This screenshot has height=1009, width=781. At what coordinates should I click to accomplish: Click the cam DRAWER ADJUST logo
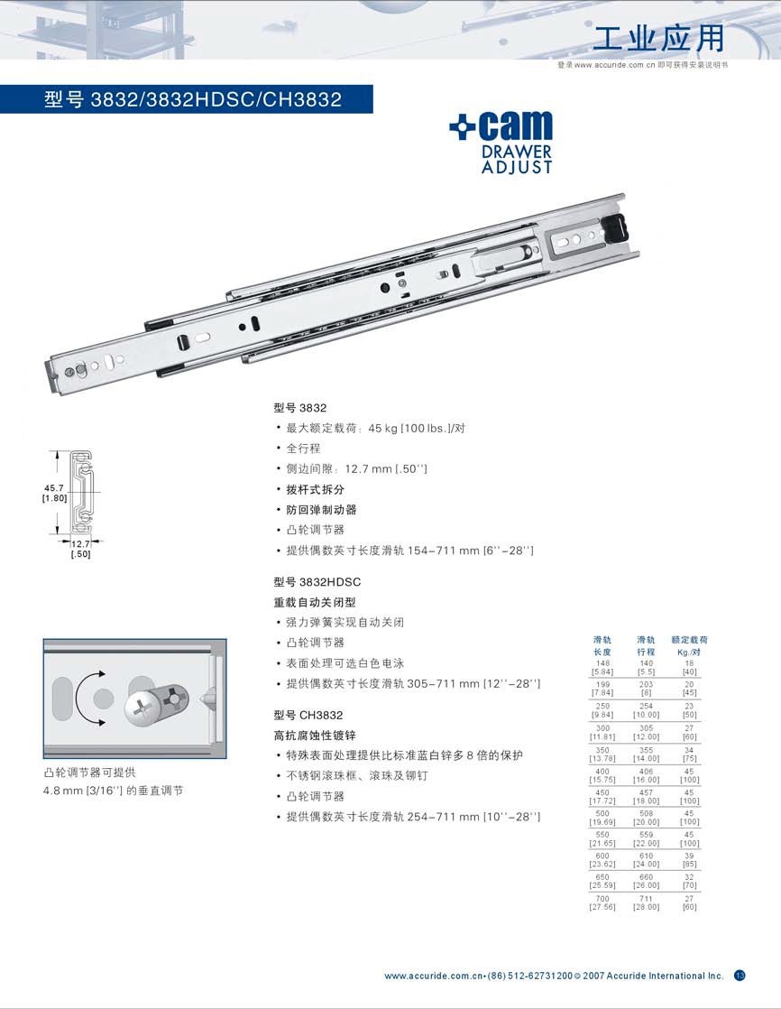click(x=501, y=142)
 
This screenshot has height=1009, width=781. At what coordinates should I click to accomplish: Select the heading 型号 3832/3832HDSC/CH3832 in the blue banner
click(x=193, y=99)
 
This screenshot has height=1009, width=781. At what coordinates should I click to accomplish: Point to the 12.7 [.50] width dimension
click(x=80, y=549)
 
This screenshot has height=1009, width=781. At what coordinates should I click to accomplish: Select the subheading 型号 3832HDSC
click(x=317, y=582)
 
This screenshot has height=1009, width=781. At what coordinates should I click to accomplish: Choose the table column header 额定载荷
click(x=689, y=639)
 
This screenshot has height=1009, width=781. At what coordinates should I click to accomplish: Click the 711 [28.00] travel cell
click(x=646, y=903)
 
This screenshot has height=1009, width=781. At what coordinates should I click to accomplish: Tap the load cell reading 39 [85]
click(x=689, y=859)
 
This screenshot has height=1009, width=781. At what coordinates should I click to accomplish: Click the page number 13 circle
click(x=740, y=975)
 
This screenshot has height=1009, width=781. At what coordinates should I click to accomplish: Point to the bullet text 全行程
click(x=303, y=448)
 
